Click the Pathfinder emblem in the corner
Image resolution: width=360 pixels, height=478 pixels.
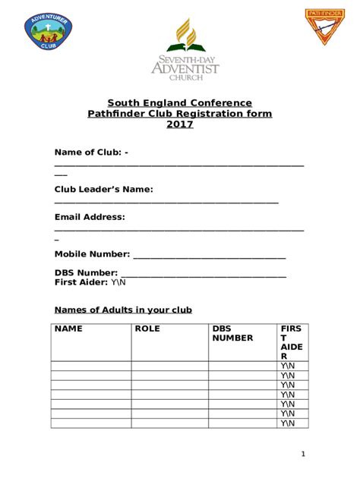point(325,27)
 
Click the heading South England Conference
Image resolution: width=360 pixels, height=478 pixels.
point(179,102)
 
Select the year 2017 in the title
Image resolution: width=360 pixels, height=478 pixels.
point(180,125)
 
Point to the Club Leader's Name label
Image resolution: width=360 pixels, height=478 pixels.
point(104,189)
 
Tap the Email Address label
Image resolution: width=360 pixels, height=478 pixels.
point(90,217)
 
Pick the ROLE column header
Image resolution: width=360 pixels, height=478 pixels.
point(147,329)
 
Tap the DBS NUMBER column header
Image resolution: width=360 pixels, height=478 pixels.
point(232,334)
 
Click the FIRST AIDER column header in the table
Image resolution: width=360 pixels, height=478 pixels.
point(292,342)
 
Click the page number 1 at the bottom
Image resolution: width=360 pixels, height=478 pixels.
point(302,454)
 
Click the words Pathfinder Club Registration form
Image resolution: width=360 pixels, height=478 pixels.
point(180,114)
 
